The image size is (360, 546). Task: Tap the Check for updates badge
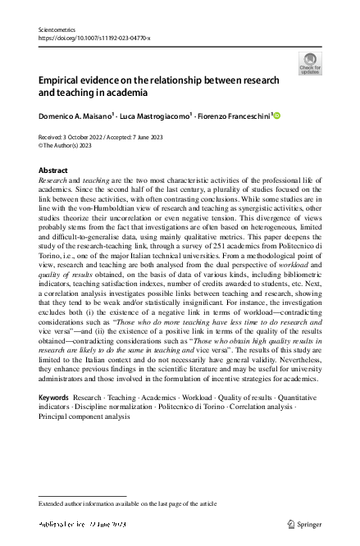[310, 63]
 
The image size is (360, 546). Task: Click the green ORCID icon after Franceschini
[276, 116]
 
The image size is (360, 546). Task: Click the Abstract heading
[53, 171]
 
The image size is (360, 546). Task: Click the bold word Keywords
[54, 397]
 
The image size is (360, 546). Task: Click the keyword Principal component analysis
[84, 416]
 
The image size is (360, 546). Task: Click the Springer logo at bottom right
[304, 524]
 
